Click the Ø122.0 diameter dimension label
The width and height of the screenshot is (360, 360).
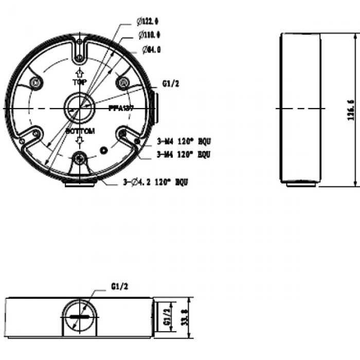pyautogui.click(x=148, y=21)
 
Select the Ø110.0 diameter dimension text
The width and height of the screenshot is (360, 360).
pyautogui.click(x=149, y=34)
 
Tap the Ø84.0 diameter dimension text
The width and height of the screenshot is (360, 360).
pyautogui.click(x=151, y=50)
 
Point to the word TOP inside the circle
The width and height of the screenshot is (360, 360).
pyautogui.click(x=79, y=82)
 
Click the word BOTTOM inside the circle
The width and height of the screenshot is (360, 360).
pyautogui.click(x=80, y=132)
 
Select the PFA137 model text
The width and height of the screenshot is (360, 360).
pyautogui.click(x=121, y=109)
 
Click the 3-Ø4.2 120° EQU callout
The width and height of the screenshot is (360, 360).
pyautogui.click(x=155, y=182)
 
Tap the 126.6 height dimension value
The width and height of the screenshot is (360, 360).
pyautogui.click(x=351, y=109)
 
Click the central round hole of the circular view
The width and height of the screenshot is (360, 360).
pyautogui.click(x=79, y=109)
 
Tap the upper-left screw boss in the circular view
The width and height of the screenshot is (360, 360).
pyautogui.click(x=35, y=82)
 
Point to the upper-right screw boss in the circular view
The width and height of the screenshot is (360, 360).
pyautogui.click(x=122, y=82)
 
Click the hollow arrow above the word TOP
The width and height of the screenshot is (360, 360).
pyautogui.click(x=79, y=73)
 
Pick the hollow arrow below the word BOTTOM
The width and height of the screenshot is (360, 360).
pyautogui.click(x=79, y=141)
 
